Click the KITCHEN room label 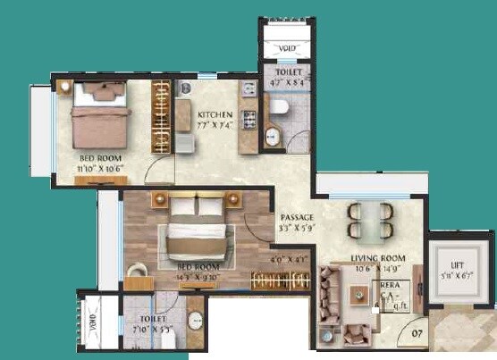[x=215, y=114]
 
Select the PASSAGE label [x=295, y=217]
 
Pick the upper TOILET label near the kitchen [x=288, y=71]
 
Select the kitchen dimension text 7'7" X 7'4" [x=215, y=126]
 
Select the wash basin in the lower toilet [x=195, y=319]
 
